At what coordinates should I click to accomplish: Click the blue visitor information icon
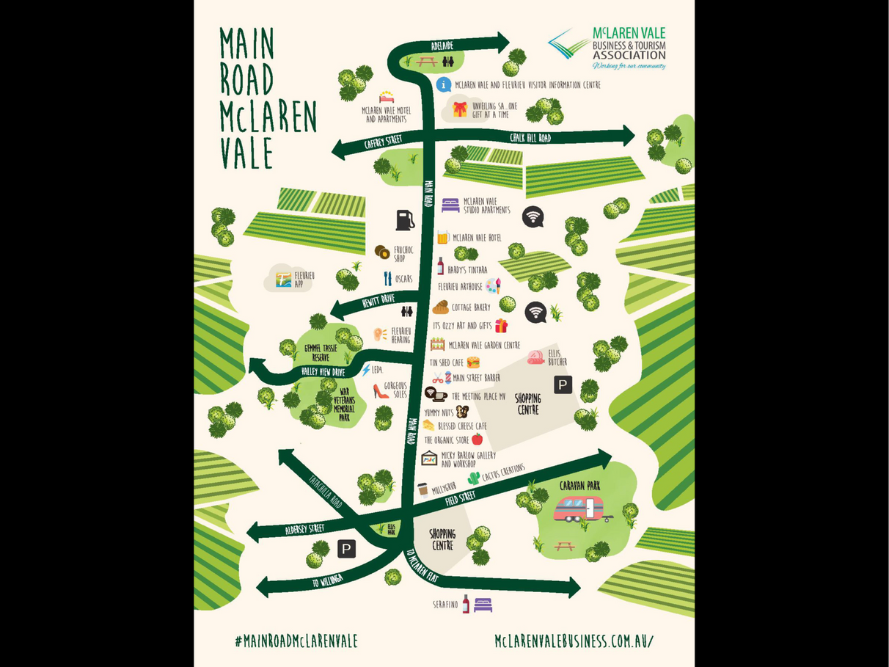point(444,84)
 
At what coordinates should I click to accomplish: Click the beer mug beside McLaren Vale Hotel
point(443,237)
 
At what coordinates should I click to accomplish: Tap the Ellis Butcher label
point(557,357)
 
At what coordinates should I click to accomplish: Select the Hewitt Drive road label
point(378,299)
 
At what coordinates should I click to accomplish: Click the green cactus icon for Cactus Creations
point(474,478)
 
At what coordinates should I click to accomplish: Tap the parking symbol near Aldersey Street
point(346,548)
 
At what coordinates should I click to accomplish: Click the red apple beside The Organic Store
point(477,440)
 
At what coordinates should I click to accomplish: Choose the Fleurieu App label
point(304,279)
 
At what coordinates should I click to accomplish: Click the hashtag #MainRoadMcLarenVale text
point(296,641)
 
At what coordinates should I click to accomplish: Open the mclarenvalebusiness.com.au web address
point(574,641)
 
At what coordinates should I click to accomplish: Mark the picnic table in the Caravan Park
point(564,546)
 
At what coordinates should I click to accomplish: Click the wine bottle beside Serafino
point(466,604)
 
